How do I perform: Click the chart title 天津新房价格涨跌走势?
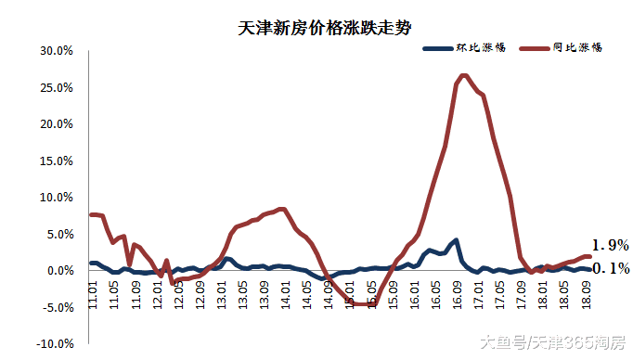(316, 30)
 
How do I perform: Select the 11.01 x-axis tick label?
(93, 298)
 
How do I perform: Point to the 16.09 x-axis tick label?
(459, 298)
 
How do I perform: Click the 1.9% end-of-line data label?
(612, 246)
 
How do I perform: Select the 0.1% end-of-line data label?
(612, 269)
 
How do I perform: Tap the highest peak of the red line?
(463, 75)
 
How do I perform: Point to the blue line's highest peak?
(455, 240)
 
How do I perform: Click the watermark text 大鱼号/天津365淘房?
(554, 343)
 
